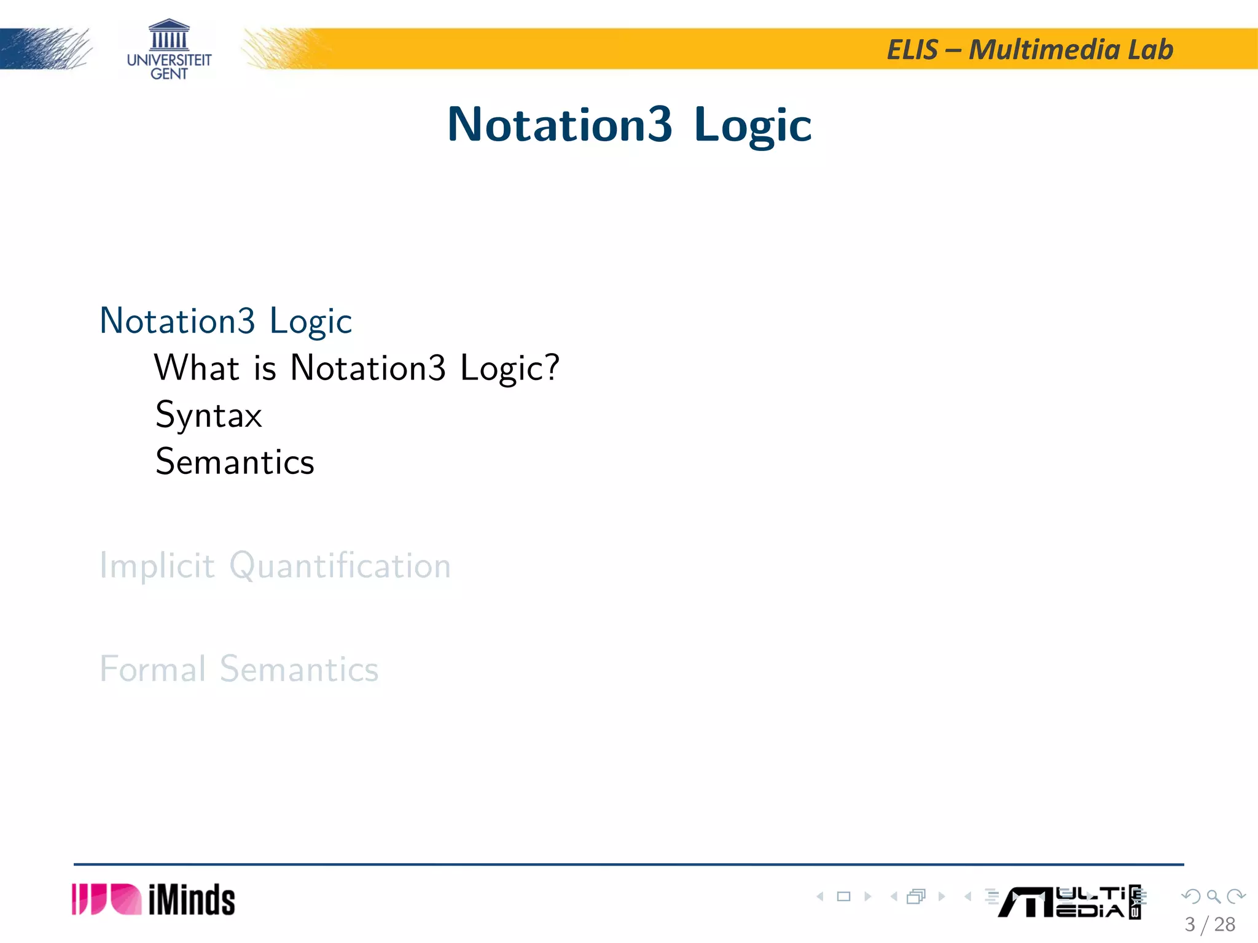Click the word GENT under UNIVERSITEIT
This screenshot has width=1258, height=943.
click(169, 74)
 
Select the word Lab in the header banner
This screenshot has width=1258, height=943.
click(1150, 50)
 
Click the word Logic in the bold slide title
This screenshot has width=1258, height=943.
click(752, 125)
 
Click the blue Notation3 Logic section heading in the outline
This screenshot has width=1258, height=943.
click(225, 320)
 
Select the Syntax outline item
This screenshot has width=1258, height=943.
click(209, 415)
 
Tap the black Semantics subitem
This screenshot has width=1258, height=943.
click(235, 462)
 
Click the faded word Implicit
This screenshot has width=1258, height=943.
click(157, 565)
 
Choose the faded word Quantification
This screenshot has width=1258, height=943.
click(340, 565)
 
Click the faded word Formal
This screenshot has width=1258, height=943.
click(152, 669)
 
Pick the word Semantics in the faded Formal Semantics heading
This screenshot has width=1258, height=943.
click(299, 669)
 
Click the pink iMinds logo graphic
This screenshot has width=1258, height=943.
click(106, 899)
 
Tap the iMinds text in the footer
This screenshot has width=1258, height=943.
click(192, 900)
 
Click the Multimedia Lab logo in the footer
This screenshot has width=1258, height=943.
click(1069, 902)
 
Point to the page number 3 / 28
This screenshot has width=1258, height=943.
click(1209, 924)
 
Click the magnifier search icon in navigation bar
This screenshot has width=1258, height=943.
click(1213, 896)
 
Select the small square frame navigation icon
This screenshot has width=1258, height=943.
click(843, 896)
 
